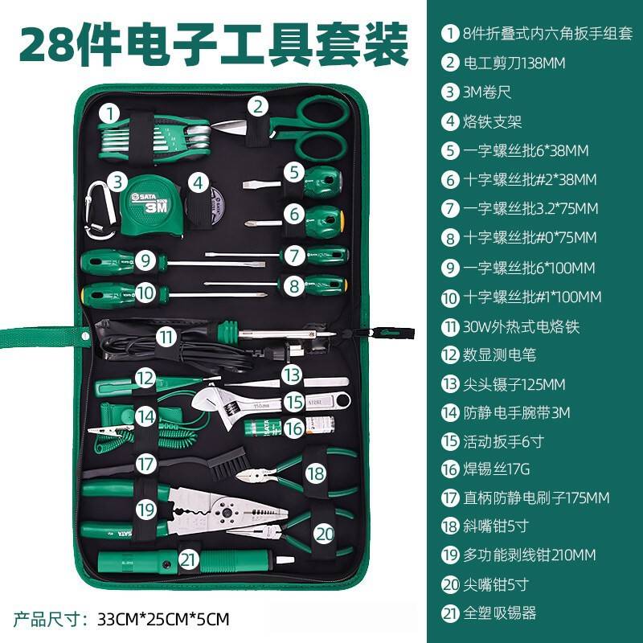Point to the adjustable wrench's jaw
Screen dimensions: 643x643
click(x=211, y=398)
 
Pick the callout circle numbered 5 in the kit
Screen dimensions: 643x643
click(x=294, y=171)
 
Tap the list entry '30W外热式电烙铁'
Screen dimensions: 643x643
click(x=521, y=326)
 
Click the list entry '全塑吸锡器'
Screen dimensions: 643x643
click(x=499, y=613)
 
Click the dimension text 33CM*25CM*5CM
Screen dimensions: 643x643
click(x=163, y=619)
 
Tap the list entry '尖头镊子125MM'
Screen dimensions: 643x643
click(x=514, y=384)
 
